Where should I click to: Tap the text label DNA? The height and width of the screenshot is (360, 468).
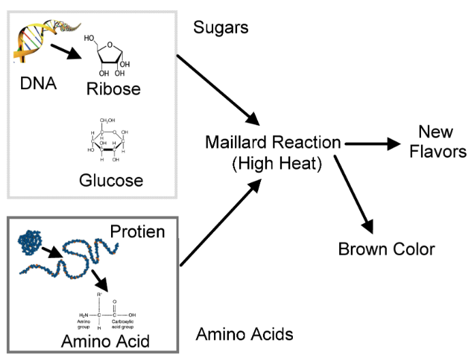click(38, 85)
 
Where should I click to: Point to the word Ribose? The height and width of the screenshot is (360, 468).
click(113, 90)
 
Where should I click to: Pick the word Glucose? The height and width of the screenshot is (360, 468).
click(110, 180)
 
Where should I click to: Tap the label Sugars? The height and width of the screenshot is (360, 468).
click(221, 28)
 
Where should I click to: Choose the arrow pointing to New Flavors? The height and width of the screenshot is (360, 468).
click(371, 144)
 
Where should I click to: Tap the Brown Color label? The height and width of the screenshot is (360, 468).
click(386, 249)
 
